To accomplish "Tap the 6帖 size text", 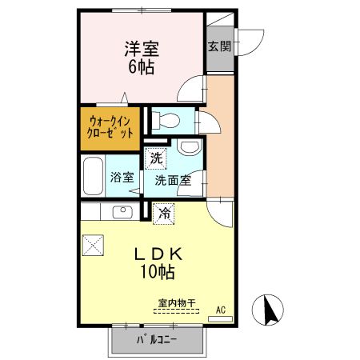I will point(140,66).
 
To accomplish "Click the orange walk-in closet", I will point(110,128).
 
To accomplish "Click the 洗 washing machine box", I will point(157,158).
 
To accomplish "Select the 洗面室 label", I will point(173,180).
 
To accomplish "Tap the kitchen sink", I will point(122,212).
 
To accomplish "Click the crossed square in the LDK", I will point(93,244).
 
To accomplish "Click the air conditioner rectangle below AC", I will point(219,318).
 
